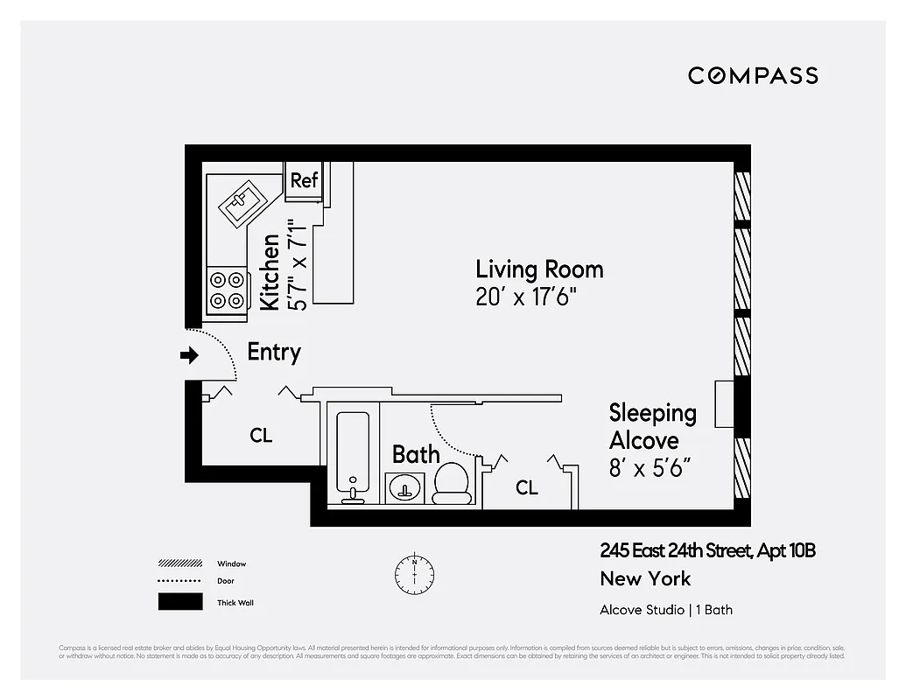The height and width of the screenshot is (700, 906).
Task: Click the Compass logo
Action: point(753,75)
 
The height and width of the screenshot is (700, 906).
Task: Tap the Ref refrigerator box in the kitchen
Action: point(304,180)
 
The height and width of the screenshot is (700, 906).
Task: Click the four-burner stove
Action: point(227,290)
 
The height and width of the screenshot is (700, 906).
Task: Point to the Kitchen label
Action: point(270,271)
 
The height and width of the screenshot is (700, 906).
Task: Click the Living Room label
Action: point(539,269)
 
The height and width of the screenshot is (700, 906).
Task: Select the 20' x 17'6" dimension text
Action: point(526,297)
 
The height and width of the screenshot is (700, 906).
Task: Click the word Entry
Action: point(274,352)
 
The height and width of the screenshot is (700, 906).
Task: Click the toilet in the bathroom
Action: point(453,483)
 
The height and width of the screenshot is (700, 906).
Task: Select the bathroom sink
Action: point(404,486)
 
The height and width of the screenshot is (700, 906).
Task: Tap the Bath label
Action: point(416,454)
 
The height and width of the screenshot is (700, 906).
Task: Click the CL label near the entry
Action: point(261,435)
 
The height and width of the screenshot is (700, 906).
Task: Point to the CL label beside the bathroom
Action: point(526,487)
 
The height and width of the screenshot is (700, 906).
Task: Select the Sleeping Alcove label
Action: point(653,425)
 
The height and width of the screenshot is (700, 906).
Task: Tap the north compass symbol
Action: point(414,573)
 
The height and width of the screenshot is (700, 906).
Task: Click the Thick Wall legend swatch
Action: point(179,602)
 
